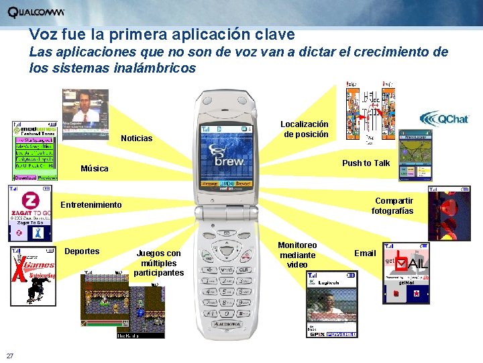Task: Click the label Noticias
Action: [136, 138]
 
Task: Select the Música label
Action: [94, 168]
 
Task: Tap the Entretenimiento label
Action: [92, 204]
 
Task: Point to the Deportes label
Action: [82, 251]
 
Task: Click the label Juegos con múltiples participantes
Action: [158, 263]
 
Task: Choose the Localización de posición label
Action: [305, 129]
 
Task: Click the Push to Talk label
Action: [366, 163]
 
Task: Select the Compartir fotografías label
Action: [394, 206]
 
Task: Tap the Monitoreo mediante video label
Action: [298, 255]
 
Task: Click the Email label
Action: [365, 253]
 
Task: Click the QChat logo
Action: [443, 119]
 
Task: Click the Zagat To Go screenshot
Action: [30, 214]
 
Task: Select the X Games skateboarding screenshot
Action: [33, 276]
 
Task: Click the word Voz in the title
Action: [42, 34]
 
